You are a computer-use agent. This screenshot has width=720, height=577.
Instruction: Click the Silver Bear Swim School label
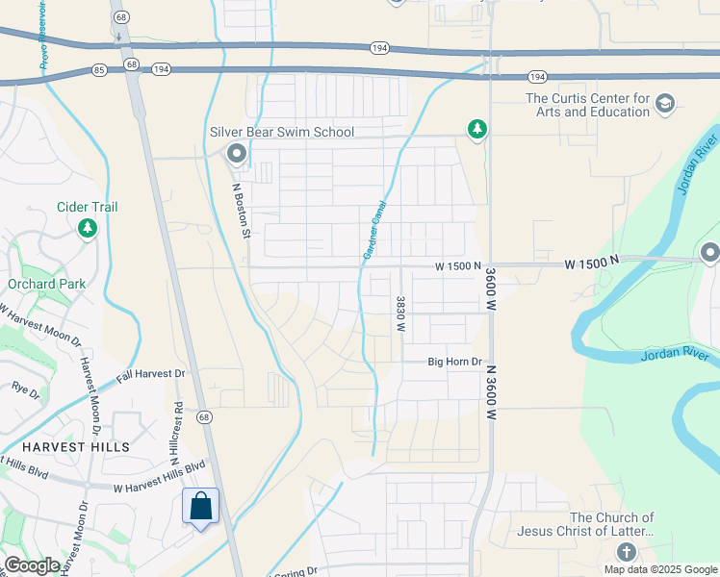point(282,132)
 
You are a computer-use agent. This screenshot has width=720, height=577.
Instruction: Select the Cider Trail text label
point(87,207)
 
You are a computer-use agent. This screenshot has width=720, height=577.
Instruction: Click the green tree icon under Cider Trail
point(88,228)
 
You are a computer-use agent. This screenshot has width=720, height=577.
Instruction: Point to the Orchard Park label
point(46,284)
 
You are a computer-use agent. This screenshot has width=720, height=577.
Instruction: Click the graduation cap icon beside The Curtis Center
point(664,103)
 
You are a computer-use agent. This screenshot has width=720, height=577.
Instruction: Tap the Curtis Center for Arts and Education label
point(587,105)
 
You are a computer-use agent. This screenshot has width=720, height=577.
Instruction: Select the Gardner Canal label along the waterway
point(373,230)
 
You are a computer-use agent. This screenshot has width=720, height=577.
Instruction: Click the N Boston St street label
point(241,211)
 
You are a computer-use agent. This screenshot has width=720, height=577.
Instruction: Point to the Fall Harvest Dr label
point(150,374)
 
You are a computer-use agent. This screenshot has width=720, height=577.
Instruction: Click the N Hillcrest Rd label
point(177,427)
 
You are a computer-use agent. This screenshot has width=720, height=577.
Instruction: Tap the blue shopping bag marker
point(200,507)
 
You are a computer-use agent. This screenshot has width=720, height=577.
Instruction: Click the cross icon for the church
point(626,552)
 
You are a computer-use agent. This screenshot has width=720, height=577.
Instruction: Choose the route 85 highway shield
point(100,69)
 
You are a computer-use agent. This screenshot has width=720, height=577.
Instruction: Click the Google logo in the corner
point(31,565)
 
